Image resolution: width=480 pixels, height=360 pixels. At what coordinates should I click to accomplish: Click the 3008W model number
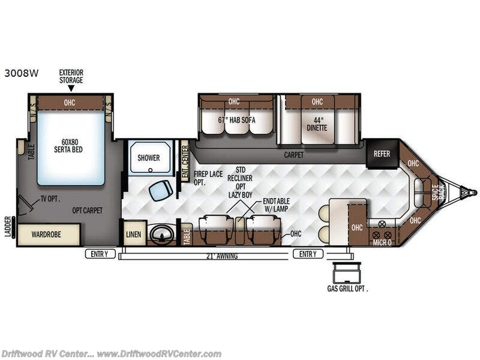click(22, 73)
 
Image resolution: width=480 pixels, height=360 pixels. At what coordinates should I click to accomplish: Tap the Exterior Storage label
click(71, 77)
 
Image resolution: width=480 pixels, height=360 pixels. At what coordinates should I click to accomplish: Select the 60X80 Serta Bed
click(71, 148)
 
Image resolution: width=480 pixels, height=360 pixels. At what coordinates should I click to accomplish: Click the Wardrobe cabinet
click(49, 235)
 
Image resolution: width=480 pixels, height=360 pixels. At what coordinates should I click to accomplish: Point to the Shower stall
click(149, 158)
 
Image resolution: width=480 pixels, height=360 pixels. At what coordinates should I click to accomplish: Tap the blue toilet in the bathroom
click(161, 190)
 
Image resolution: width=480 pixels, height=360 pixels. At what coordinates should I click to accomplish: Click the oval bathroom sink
click(161, 235)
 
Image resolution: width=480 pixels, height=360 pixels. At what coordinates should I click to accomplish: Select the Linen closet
click(134, 235)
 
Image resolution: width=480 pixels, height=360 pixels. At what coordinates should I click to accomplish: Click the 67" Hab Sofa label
click(236, 121)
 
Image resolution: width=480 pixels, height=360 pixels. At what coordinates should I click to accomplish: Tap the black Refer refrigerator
click(382, 154)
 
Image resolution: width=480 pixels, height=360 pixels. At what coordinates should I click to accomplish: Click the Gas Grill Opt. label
click(347, 289)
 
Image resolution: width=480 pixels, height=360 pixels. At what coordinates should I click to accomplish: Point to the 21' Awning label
click(222, 256)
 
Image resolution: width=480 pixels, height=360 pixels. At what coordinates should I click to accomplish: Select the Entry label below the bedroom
click(100, 254)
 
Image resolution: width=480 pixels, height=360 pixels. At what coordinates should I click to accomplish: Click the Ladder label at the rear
click(8, 227)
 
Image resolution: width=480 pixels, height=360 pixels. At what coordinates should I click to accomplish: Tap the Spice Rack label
click(438, 193)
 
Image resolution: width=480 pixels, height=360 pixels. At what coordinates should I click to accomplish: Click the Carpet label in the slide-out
click(294, 155)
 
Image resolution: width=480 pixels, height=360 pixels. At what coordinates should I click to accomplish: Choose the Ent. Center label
click(185, 161)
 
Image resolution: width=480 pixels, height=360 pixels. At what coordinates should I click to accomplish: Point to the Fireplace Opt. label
click(208, 178)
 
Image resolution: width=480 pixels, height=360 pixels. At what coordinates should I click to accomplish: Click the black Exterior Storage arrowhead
click(71, 88)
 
